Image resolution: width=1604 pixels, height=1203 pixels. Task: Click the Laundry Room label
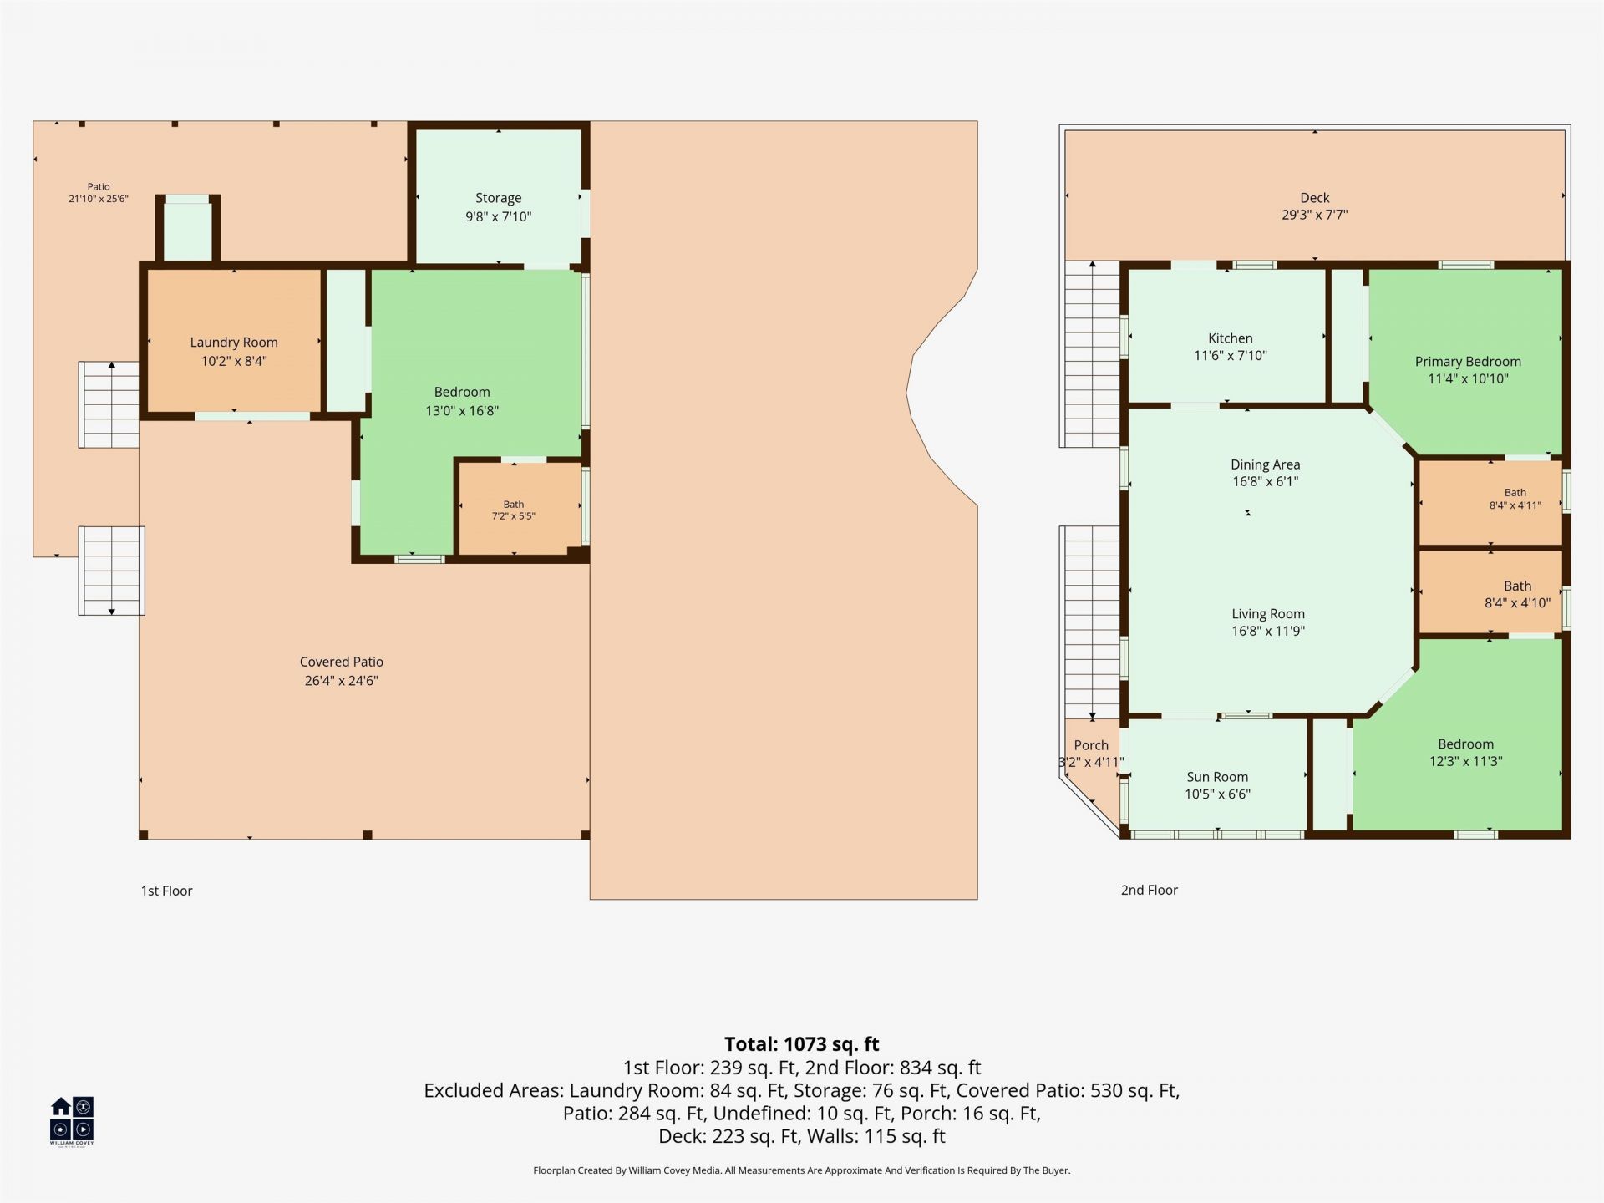coord(234,342)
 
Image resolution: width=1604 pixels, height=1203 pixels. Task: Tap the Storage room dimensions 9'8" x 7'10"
coord(499,216)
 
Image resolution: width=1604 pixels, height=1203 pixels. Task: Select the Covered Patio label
coord(342,662)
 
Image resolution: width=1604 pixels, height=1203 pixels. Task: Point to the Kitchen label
coord(1231,338)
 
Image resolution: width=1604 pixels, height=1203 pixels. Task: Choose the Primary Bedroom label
coord(1468,362)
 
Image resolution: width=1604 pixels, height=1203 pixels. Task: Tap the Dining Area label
coord(1266,464)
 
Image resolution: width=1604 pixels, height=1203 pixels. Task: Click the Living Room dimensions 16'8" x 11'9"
coord(1268,632)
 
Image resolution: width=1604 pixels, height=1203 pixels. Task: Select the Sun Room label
coord(1217,777)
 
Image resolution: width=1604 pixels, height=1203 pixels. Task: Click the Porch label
coord(1091,745)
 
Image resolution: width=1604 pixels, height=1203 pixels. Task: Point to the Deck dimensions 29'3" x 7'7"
coord(1315,215)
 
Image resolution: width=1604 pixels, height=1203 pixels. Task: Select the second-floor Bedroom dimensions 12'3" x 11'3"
coord(1466,761)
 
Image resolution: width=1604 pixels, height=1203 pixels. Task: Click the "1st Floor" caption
coord(167,891)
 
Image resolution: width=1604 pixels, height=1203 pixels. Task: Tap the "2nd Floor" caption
coord(1150,891)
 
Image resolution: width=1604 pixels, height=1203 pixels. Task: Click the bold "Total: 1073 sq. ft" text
coord(802,1044)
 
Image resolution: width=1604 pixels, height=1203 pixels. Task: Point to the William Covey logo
coord(72,1120)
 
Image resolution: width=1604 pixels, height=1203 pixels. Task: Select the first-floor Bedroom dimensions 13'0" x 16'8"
coord(462,411)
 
